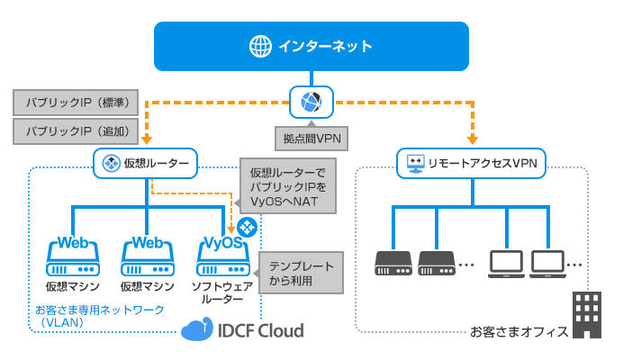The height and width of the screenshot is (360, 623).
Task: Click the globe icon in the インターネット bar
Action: (x=260, y=46)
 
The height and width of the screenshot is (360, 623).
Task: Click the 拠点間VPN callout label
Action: (x=311, y=138)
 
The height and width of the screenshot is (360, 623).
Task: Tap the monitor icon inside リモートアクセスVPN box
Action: (x=415, y=163)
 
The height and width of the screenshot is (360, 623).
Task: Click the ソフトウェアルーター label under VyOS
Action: (x=221, y=292)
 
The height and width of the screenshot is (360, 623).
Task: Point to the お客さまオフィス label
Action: (x=519, y=331)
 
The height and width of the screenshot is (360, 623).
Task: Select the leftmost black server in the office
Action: (x=393, y=263)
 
